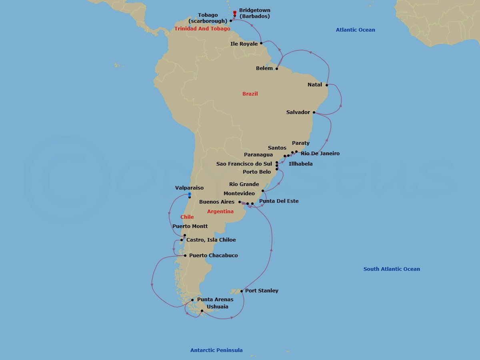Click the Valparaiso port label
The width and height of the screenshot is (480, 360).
189,188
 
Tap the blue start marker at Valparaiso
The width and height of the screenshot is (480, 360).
189,194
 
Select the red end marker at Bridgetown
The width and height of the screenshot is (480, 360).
234,13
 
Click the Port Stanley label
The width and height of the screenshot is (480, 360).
262,291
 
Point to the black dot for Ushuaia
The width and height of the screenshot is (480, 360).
202,311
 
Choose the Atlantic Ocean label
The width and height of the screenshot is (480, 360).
355,30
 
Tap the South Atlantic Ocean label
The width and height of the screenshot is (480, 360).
392,269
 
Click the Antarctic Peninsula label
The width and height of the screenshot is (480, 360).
216,350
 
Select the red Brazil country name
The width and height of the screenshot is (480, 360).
250,94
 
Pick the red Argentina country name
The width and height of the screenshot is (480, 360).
220,212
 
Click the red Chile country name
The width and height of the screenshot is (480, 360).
187,217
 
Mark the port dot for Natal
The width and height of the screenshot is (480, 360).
327,85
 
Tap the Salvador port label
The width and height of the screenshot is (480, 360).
298,112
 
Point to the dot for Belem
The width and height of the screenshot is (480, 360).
277,68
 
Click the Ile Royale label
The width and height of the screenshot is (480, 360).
244,44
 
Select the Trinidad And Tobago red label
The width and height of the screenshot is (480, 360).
202,29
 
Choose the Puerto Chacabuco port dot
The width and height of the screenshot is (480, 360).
185,256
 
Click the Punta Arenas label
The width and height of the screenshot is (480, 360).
215,300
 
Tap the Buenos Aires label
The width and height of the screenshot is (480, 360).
217,202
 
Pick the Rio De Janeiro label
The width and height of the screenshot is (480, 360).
320,154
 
